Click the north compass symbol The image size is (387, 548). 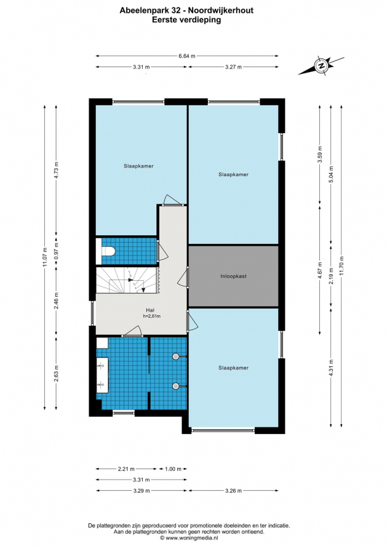(321, 65)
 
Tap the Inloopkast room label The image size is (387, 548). (233, 276)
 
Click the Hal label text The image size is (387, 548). (150, 310)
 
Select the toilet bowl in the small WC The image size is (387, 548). (108, 251)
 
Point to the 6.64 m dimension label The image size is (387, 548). (187, 56)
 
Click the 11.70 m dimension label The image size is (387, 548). (341, 265)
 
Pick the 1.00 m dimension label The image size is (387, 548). (173, 469)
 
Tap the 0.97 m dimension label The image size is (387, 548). (56, 250)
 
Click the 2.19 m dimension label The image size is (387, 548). (331, 276)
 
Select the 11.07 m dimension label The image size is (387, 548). (45, 257)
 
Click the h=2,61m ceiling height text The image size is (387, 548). (152, 316)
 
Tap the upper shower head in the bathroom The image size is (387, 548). (176, 356)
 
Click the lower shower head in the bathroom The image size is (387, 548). (176, 386)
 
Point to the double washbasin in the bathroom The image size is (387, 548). (102, 375)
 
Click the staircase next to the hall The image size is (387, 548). (127, 280)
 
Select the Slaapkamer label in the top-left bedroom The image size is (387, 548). (138, 166)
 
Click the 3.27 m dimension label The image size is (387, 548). (233, 67)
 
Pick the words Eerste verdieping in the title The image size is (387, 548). (186, 20)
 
